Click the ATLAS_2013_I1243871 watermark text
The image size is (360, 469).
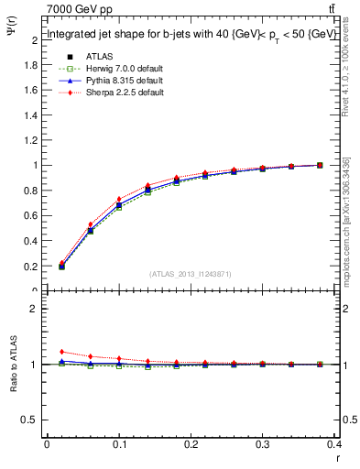click(191, 274)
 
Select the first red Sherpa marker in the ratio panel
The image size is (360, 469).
click(61, 352)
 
